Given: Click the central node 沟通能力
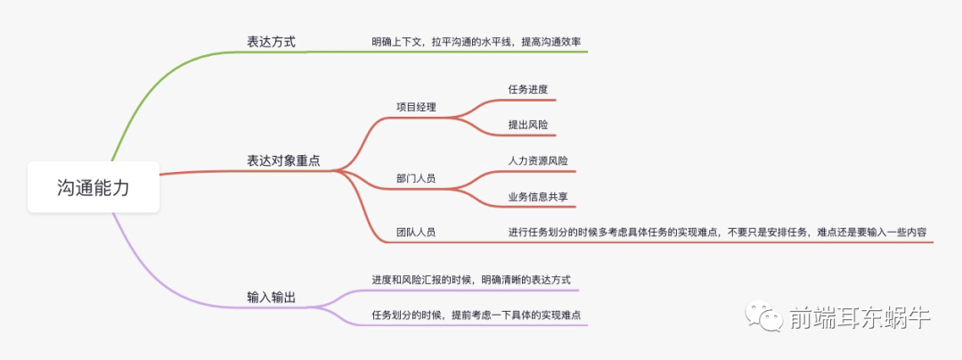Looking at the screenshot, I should [93, 188].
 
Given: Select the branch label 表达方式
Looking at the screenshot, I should [271, 41].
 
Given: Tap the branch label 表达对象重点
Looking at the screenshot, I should [283, 160].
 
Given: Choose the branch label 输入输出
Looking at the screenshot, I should [271, 297].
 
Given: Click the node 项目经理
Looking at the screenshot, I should [416, 107].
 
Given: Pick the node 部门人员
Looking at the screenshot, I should [416, 178].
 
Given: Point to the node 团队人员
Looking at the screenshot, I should [416, 232].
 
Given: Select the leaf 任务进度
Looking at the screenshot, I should [527, 89].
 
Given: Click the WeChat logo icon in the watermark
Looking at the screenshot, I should [766, 315].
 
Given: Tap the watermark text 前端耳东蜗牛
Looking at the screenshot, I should [859, 317].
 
